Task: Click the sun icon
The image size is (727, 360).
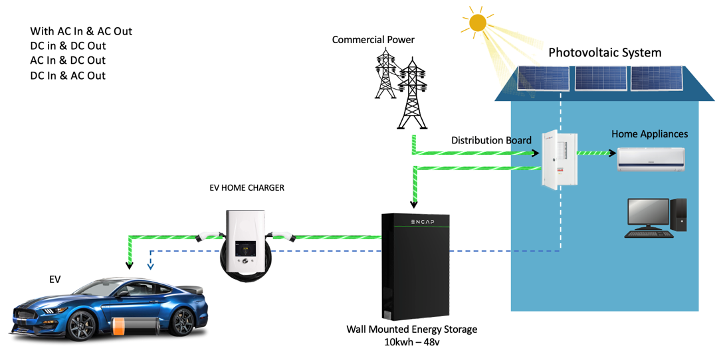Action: pos(477,23)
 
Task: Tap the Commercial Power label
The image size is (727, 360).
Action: pos(373,40)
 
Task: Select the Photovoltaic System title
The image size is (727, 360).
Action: pos(604,52)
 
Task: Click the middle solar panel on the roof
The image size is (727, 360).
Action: pos(600,78)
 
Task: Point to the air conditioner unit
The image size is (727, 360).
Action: pos(651,159)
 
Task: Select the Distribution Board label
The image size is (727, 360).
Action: pos(491,140)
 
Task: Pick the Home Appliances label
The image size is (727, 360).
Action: pos(649,134)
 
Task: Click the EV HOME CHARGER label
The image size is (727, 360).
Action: pos(247,188)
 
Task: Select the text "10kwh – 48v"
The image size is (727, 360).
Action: pos(412,342)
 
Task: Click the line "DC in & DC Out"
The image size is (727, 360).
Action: pos(68,46)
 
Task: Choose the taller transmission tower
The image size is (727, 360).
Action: pos(412,93)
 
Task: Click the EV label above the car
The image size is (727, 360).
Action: pos(54,280)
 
